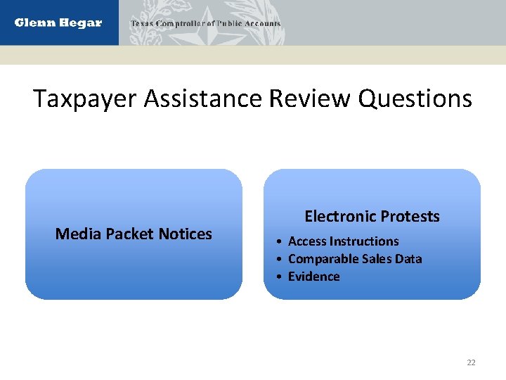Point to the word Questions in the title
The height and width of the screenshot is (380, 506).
pos(415,99)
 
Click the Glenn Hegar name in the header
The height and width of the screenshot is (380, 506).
pos(58,23)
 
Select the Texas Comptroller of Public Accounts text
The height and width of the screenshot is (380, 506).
pos(205,23)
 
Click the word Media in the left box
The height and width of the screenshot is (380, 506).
pos(78,234)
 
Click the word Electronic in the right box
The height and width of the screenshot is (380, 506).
pos(337,216)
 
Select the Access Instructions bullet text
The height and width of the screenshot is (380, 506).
pos(343,241)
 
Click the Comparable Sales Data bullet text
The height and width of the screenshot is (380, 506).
pos(355,259)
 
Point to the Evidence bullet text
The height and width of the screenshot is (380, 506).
pos(313,277)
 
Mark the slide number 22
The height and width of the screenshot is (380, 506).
pos(471,362)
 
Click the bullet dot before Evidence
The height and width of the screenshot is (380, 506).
pos(280,277)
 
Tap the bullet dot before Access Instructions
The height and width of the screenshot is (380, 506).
pos(280,241)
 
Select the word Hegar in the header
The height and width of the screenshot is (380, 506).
pos(81,23)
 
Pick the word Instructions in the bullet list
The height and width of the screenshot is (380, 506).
pos(365,241)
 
